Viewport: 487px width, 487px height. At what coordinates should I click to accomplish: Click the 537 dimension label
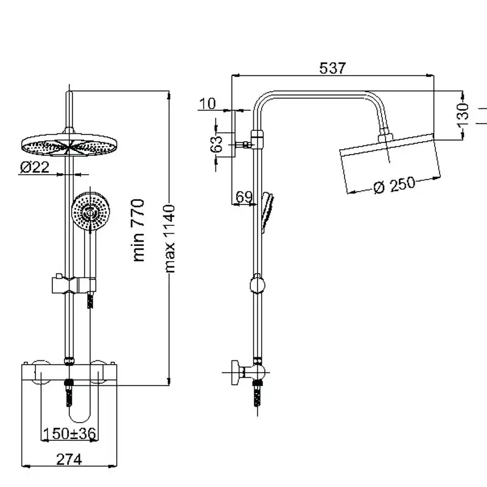(332, 68)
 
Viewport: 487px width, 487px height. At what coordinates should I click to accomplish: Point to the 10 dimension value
(208, 103)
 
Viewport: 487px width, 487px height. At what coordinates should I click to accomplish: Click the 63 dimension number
(216, 144)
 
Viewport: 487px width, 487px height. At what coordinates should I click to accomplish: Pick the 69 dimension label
(243, 197)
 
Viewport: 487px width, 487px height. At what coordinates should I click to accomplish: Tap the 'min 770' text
(139, 230)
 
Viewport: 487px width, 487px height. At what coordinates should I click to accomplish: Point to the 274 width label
(69, 460)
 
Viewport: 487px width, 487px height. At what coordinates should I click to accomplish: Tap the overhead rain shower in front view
(68, 144)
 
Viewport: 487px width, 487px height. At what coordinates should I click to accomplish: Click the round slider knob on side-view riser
(258, 284)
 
